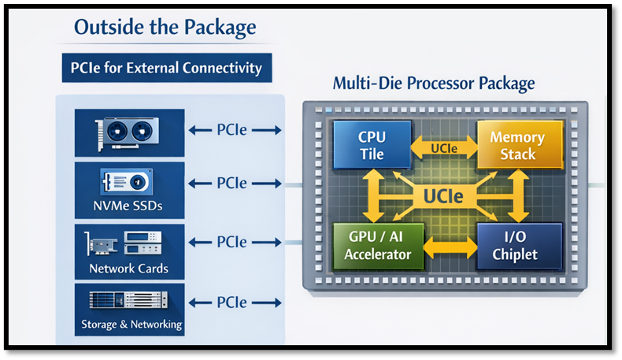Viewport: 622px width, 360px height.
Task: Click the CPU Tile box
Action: (372, 145)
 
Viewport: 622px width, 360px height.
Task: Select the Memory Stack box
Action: (516, 145)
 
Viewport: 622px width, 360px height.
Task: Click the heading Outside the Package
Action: (165, 28)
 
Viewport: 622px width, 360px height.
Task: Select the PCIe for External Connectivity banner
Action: (167, 68)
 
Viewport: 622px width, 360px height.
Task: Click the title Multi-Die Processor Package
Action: (434, 84)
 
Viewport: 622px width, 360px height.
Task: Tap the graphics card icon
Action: (127, 130)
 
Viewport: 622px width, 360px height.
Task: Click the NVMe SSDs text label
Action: (130, 208)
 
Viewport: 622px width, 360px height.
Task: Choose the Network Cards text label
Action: (130, 268)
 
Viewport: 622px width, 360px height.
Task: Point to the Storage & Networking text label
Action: (131, 324)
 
